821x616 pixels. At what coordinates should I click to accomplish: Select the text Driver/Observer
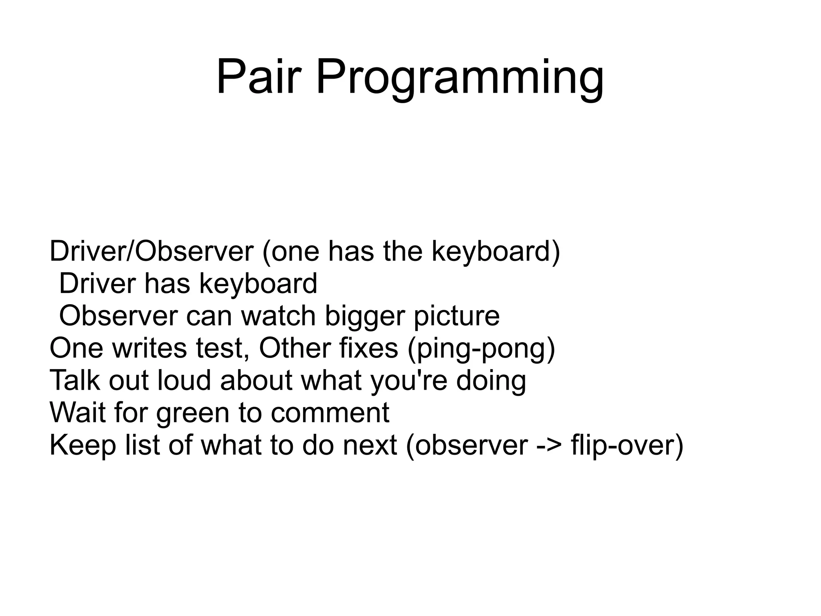[x=152, y=252]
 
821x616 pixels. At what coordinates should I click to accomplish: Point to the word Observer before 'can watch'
[x=118, y=316]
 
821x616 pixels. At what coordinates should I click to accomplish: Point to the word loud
[x=184, y=380]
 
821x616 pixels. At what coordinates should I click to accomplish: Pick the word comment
[x=330, y=413]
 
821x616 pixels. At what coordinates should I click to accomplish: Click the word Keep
[x=83, y=445]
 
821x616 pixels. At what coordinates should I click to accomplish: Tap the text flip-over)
[x=627, y=445]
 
